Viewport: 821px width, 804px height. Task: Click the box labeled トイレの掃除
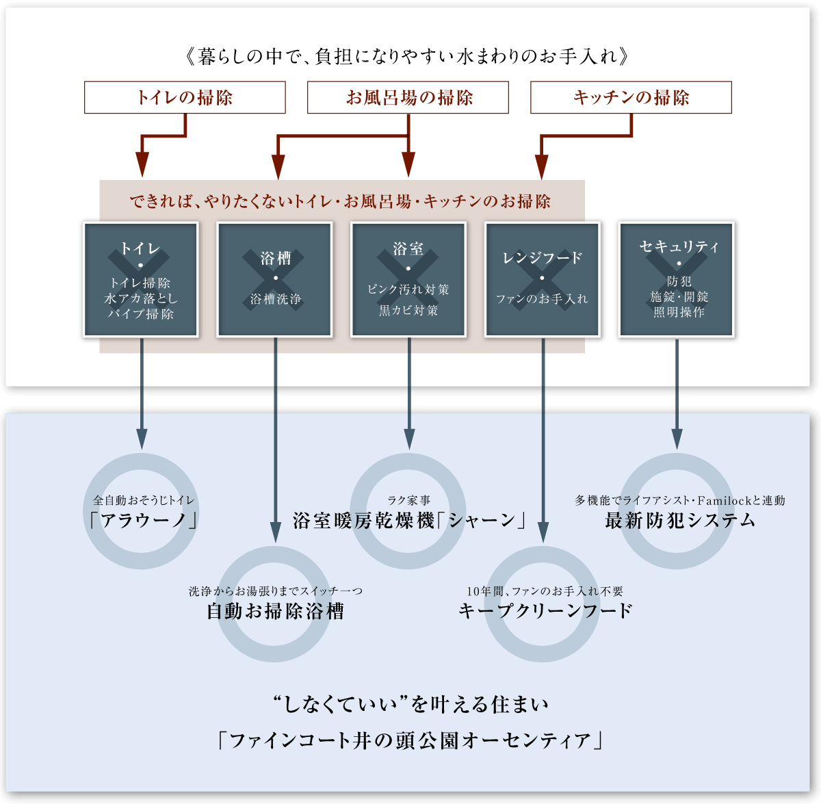(x=185, y=97)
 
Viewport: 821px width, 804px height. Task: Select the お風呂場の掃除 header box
(x=408, y=97)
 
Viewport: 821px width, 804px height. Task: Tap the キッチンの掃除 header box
(x=631, y=97)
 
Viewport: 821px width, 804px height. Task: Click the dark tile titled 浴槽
(x=275, y=279)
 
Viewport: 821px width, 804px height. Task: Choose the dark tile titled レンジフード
(x=543, y=279)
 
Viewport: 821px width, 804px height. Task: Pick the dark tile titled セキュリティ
(x=677, y=279)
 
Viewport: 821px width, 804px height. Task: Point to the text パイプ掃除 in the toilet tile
(x=141, y=314)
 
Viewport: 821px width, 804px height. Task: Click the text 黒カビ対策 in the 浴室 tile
(x=408, y=310)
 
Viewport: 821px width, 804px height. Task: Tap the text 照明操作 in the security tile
(x=679, y=312)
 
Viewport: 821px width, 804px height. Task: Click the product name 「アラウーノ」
(x=142, y=521)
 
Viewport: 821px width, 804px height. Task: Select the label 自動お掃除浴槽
(x=275, y=611)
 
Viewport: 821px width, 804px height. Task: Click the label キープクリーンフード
(x=545, y=611)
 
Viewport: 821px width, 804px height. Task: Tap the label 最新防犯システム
(x=680, y=521)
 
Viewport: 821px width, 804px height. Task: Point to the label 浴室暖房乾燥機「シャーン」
(x=409, y=521)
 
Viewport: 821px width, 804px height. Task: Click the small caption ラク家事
(x=408, y=501)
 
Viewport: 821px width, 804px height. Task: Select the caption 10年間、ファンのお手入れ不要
(x=545, y=591)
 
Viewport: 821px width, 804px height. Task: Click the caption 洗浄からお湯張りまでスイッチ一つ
(x=275, y=591)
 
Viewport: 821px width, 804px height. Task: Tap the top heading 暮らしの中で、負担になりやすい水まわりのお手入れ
(x=408, y=56)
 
